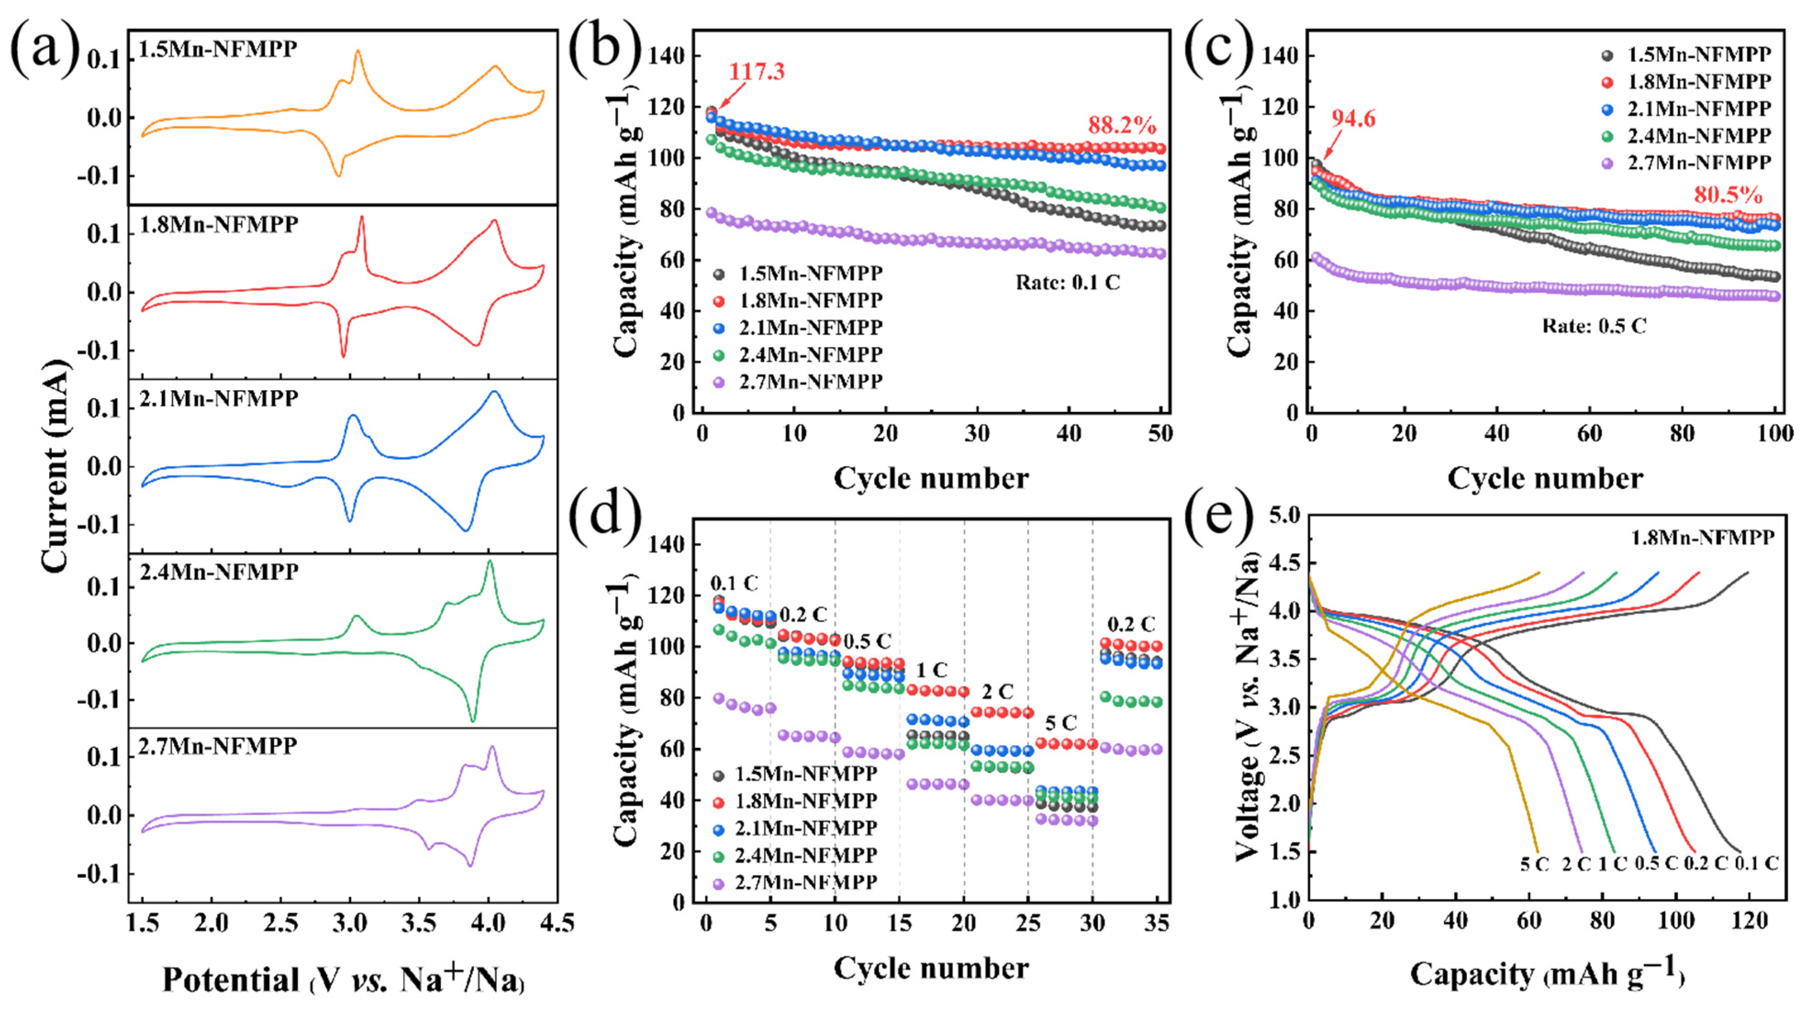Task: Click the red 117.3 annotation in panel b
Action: point(757,72)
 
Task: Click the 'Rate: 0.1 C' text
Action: point(1068,283)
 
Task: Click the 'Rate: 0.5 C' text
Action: point(1594,326)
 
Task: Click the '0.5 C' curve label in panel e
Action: point(1656,863)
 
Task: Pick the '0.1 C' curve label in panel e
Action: point(1756,863)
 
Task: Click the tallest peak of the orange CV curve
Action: point(358,50)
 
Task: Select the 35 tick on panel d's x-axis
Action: point(1157,924)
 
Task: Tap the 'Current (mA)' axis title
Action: point(56,465)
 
